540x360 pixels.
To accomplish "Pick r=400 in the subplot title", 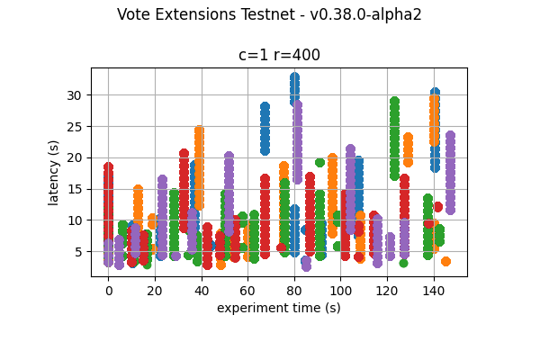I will (x=298, y=55).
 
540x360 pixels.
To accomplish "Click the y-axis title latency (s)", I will (x=54, y=172).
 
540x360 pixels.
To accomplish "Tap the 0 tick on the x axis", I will (x=108, y=291).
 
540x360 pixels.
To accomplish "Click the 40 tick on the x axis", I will (x=201, y=291).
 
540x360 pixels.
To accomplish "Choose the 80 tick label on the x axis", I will (x=294, y=291).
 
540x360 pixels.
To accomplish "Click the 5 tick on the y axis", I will (x=79, y=251).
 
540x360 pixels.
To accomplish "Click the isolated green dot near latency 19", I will (x=319, y=163).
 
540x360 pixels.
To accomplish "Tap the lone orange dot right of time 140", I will (x=445, y=261).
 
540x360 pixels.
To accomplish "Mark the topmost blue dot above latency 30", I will (x=294, y=77).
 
